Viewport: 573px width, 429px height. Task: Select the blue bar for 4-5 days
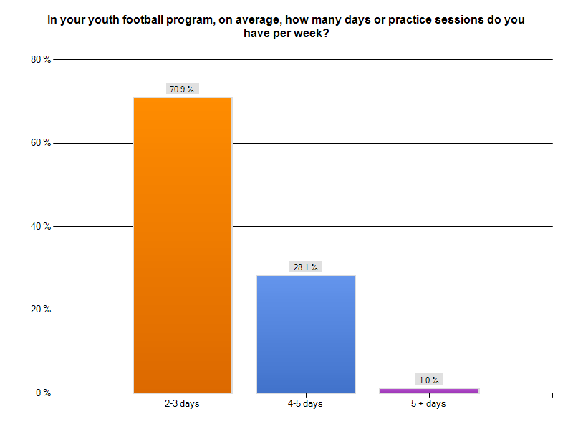click(x=306, y=333)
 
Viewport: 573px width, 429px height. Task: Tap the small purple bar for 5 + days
click(x=429, y=390)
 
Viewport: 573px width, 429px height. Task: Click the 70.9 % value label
click(x=182, y=89)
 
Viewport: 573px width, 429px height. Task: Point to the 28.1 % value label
click(x=305, y=267)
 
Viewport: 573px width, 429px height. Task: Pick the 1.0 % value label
click(x=429, y=380)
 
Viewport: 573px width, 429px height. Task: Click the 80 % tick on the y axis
click(x=40, y=60)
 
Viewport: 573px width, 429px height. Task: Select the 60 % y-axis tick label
click(x=40, y=143)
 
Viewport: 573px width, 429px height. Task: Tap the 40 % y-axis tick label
click(x=40, y=227)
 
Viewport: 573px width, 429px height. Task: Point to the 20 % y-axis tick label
click(x=40, y=310)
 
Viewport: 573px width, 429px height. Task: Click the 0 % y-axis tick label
click(x=42, y=393)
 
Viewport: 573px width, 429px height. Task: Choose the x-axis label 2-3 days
click(x=182, y=404)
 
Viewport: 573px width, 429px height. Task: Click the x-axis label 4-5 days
click(x=305, y=404)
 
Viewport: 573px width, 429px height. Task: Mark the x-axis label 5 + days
click(x=428, y=404)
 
